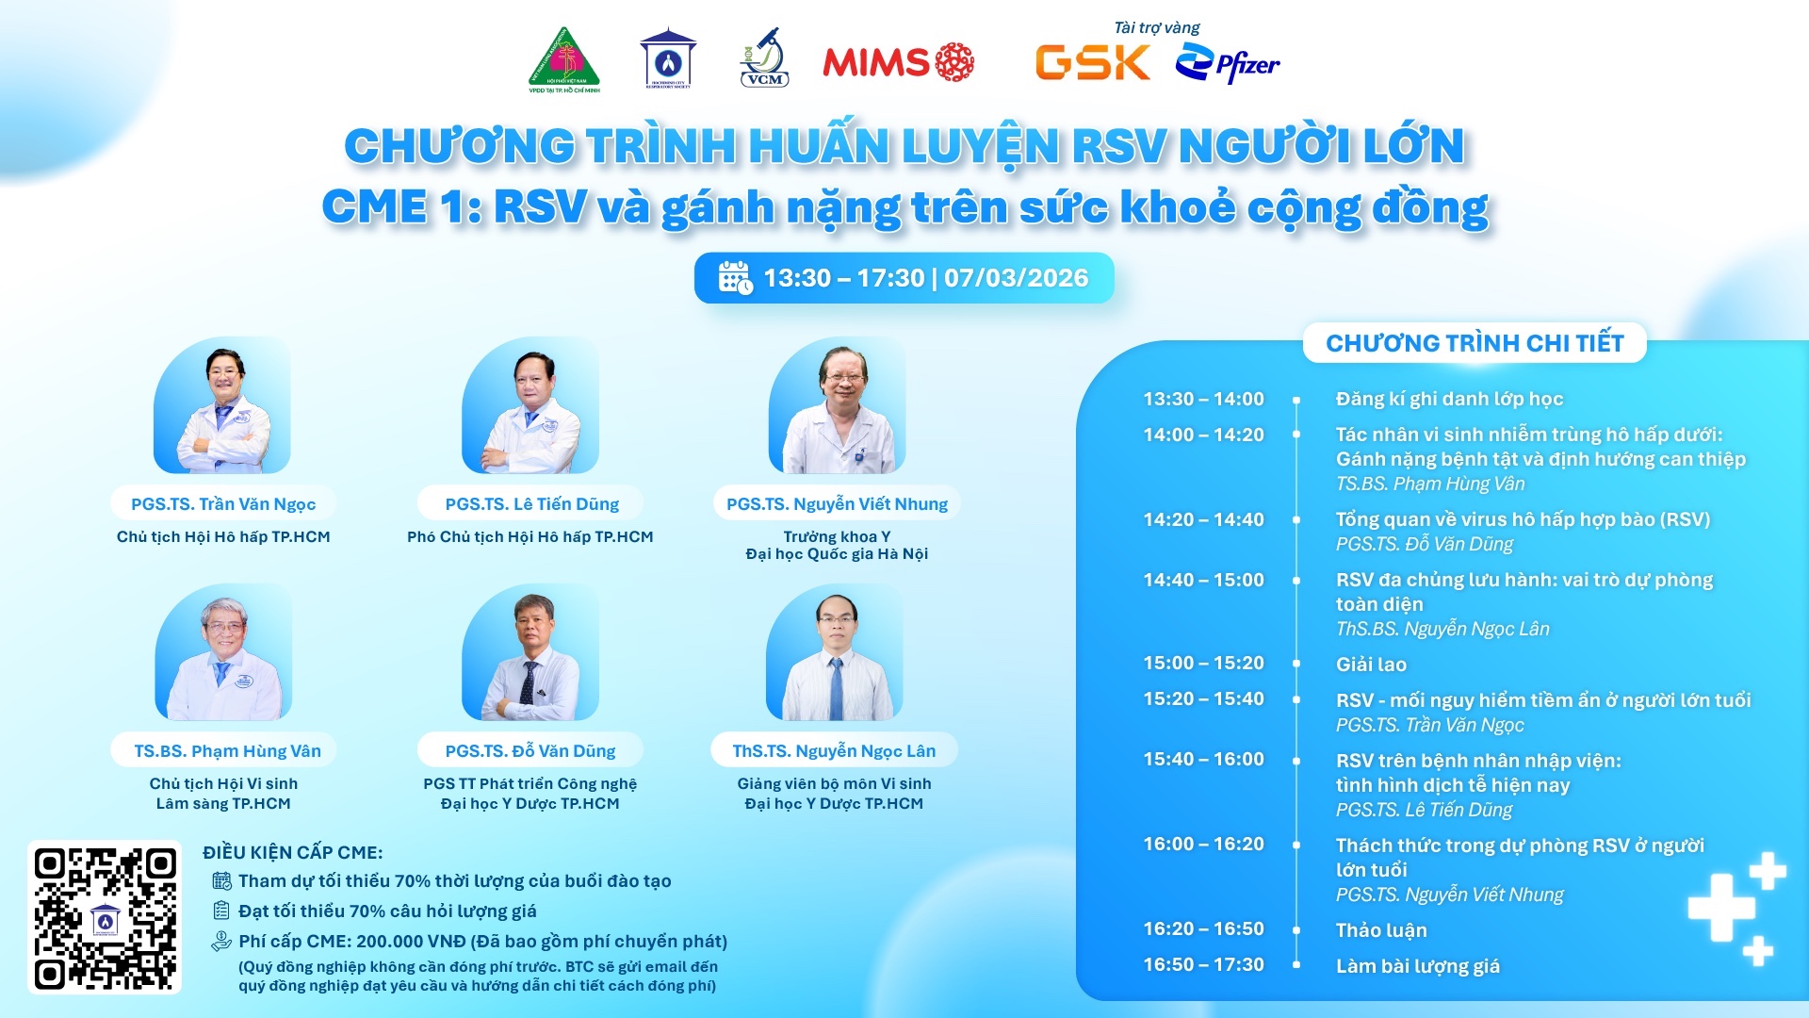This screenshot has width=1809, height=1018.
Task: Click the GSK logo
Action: (x=1093, y=63)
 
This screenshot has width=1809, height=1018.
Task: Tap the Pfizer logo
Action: (x=1228, y=64)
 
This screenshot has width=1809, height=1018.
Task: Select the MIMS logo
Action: (x=898, y=62)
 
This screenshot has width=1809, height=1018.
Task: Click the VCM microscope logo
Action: (x=764, y=57)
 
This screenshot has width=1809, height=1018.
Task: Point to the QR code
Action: (x=105, y=917)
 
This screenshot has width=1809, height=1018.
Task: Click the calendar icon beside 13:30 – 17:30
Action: (x=735, y=278)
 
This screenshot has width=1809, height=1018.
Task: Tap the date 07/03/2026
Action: (x=1016, y=278)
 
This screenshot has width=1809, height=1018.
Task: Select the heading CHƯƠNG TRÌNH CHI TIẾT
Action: (x=1475, y=343)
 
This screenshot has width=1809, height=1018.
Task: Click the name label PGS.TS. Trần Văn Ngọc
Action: (x=223, y=504)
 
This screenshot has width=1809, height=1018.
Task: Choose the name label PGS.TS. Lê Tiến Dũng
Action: (x=532, y=504)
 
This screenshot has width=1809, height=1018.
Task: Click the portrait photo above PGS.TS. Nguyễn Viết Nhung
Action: (x=837, y=405)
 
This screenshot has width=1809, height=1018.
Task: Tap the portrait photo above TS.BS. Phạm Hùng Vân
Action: (x=223, y=652)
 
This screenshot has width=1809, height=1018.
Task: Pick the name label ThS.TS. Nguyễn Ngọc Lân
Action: (x=835, y=751)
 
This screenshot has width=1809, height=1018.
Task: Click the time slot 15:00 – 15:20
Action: (x=1203, y=664)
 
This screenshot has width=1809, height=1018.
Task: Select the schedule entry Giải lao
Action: (x=1371, y=665)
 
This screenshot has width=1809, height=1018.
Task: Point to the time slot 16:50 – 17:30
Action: (x=1203, y=965)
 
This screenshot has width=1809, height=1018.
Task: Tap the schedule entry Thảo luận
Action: (x=1381, y=930)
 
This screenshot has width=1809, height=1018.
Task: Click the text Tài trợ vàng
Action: (x=1157, y=27)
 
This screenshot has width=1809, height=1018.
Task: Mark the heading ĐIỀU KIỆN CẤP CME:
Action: (x=293, y=853)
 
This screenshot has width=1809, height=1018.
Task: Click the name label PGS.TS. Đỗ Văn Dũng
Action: (x=530, y=751)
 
